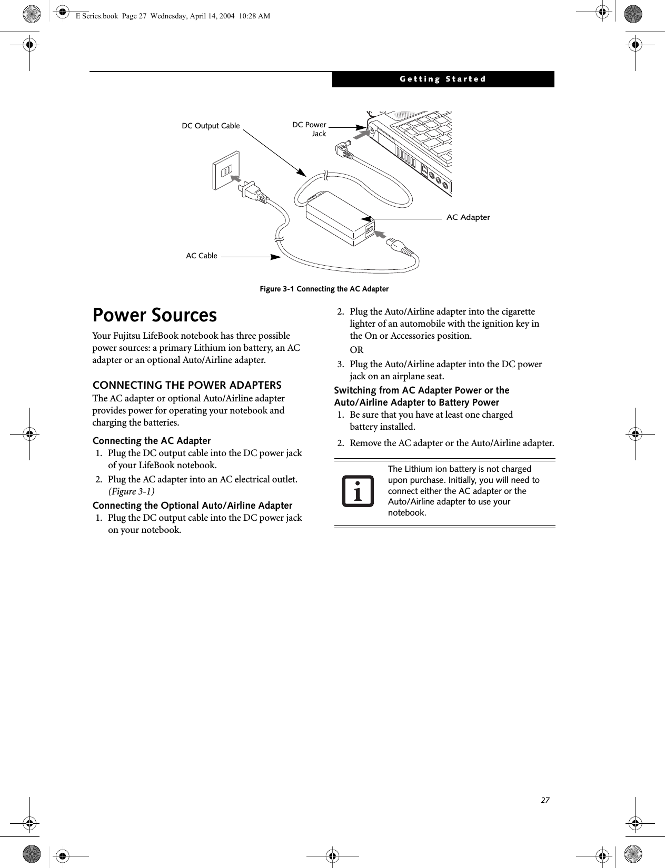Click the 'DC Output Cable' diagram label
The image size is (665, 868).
(x=211, y=126)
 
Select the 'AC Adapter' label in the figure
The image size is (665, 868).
(x=468, y=217)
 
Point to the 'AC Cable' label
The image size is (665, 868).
(x=202, y=256)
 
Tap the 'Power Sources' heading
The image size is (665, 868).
(x=155, y=315)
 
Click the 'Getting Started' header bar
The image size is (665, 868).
(x=443, y=79)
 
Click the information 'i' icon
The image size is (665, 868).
(x=358, y=491)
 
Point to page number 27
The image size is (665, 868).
(x=545, y=800)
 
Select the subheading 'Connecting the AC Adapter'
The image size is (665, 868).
(x=152, y=441)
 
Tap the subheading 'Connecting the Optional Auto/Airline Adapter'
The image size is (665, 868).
(x=192, y=506)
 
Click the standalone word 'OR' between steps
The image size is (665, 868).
(x=356, y=350)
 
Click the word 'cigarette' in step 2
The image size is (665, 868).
(x=515, y=311)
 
